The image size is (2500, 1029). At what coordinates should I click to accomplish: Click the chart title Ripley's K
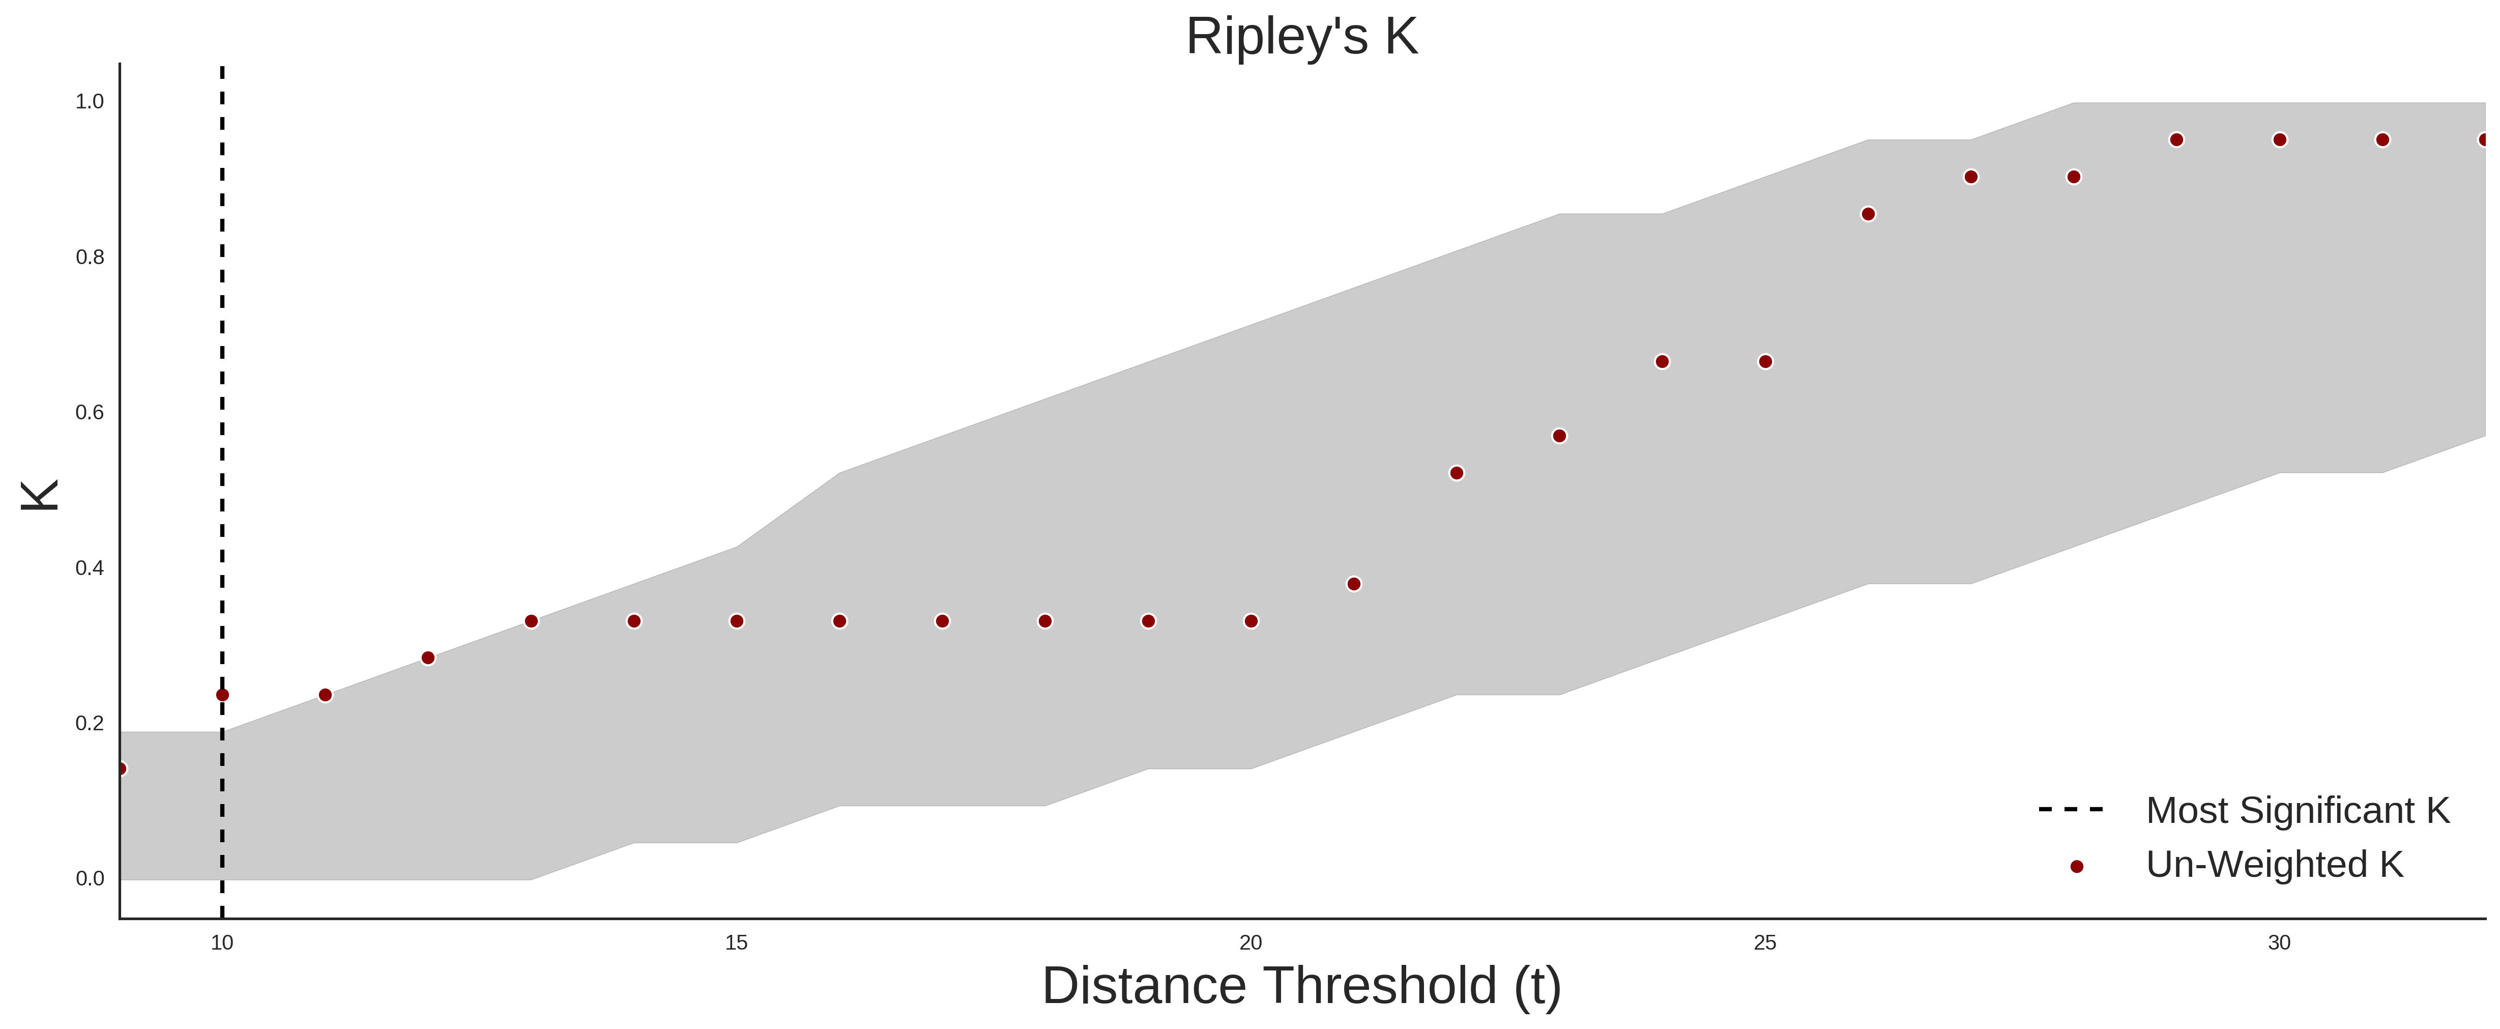tap(1301, 37)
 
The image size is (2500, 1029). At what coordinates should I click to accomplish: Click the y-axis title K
tap(40, 495)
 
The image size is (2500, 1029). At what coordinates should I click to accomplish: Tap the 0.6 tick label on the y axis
tap(90, 413)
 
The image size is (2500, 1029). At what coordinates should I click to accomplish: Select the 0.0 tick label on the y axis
tap(90, 878)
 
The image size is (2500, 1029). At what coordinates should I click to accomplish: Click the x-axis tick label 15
tap(737, 942)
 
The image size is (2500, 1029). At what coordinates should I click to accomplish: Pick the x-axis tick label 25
tap(1765, 942)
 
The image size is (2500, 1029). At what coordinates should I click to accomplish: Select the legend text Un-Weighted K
tap(2275, 864)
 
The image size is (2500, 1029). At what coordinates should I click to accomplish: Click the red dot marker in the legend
tap(2076, 867)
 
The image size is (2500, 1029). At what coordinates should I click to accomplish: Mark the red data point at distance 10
tap(222, 695)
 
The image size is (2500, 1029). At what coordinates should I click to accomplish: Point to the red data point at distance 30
tap(2280, 140)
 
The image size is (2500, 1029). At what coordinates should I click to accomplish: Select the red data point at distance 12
tap(428, 658)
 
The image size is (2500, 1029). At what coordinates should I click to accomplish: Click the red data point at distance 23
tap(1560, 436)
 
